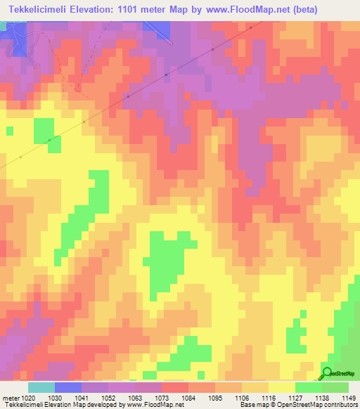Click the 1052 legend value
click(x=107, y=397)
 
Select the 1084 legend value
click(x=187, y=397)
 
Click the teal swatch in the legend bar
click(x=41, y=387)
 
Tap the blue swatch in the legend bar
click(x=68, y=387)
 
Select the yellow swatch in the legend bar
click(x=281, y=387)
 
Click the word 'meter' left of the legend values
click(x=10, y=397)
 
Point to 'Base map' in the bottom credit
click(x=252, y=405)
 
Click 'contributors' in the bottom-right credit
click(x=340, y=405)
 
